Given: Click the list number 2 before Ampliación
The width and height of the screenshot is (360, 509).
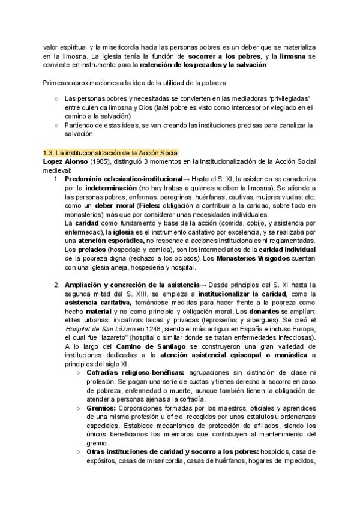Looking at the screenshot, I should tap(56, 283).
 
